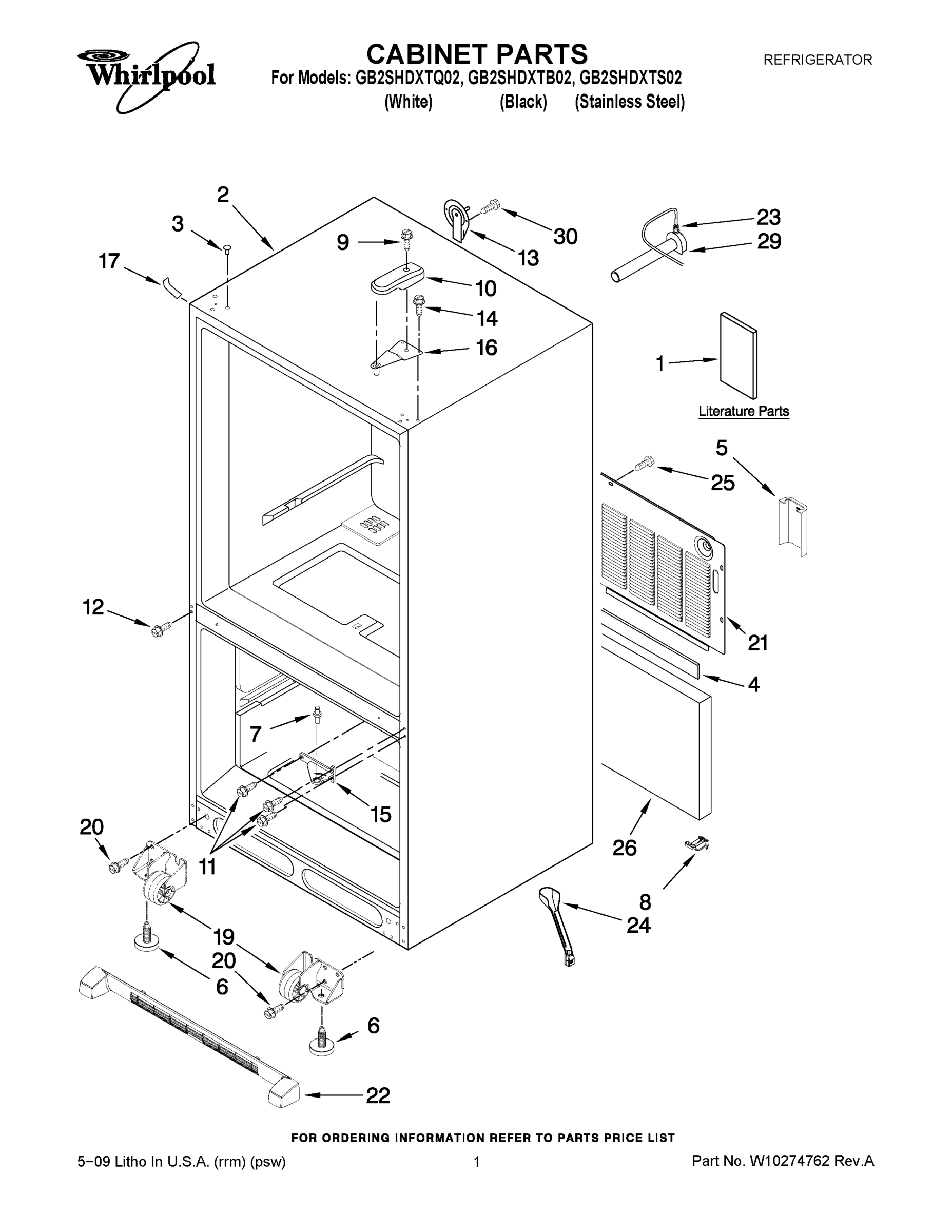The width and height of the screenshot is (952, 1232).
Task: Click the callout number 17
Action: (x=109, y=261)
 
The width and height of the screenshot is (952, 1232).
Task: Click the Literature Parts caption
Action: (x=743, y=411)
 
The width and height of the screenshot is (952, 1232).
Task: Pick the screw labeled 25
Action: (x=645, y=464)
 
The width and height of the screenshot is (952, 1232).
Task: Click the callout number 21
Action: (x=758, y=643)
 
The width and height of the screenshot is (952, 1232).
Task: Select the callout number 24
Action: (x=638, y=925)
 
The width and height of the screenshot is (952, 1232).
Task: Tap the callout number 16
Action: (x=486, y=348)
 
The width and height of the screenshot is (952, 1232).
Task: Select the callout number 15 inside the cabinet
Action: (x=381, y=814)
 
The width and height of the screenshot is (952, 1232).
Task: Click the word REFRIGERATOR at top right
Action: (x=817, y=59)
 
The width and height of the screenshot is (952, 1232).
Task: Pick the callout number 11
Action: (x=207, y=867)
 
